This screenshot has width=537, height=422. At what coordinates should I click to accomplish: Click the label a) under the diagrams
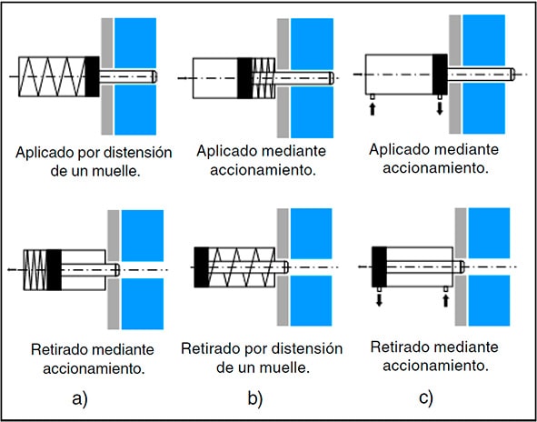point(80,399)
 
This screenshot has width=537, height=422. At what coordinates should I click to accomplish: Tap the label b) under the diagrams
point(255,399)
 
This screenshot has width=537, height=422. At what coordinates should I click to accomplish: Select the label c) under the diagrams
point(426,399)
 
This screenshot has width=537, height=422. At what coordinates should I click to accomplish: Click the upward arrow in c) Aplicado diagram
point(373,109)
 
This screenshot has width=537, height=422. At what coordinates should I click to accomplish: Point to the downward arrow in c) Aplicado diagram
point(440,108)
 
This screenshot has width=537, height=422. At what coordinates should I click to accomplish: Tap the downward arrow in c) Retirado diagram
point(379,299)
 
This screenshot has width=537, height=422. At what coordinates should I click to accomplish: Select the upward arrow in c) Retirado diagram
point(445,301)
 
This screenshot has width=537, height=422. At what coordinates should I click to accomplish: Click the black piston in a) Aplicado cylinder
point(92,76)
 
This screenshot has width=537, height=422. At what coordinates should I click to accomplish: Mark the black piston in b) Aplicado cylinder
point(244,78)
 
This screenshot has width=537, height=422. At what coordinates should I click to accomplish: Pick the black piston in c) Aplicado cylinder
point(440,75)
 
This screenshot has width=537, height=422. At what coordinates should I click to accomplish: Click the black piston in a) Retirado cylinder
point(55,270)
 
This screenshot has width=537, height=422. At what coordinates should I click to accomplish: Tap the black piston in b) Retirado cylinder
point(202,267)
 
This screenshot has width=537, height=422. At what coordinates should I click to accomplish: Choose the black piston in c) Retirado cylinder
point(379,266)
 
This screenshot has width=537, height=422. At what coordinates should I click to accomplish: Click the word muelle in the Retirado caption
point(283,368)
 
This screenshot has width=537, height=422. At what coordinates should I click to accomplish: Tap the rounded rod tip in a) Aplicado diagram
point(154,76)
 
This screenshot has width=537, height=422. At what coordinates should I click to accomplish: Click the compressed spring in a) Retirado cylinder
point(35,270)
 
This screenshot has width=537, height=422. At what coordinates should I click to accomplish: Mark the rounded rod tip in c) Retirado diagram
point(461,266)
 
